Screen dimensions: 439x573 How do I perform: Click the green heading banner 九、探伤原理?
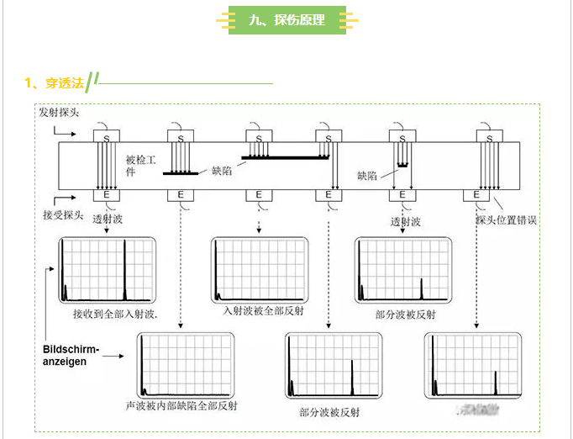click(286, 20)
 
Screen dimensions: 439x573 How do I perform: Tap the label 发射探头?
click(59, 112)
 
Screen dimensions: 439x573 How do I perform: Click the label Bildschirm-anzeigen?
click(71, 355)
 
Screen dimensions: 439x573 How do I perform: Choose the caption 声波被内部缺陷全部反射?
click(181, 405)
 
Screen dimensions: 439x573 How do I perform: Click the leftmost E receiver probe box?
click(107, 195)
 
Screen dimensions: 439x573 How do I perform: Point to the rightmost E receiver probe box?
click(477, 195)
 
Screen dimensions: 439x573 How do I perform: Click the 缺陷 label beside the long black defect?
click(222, 171)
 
